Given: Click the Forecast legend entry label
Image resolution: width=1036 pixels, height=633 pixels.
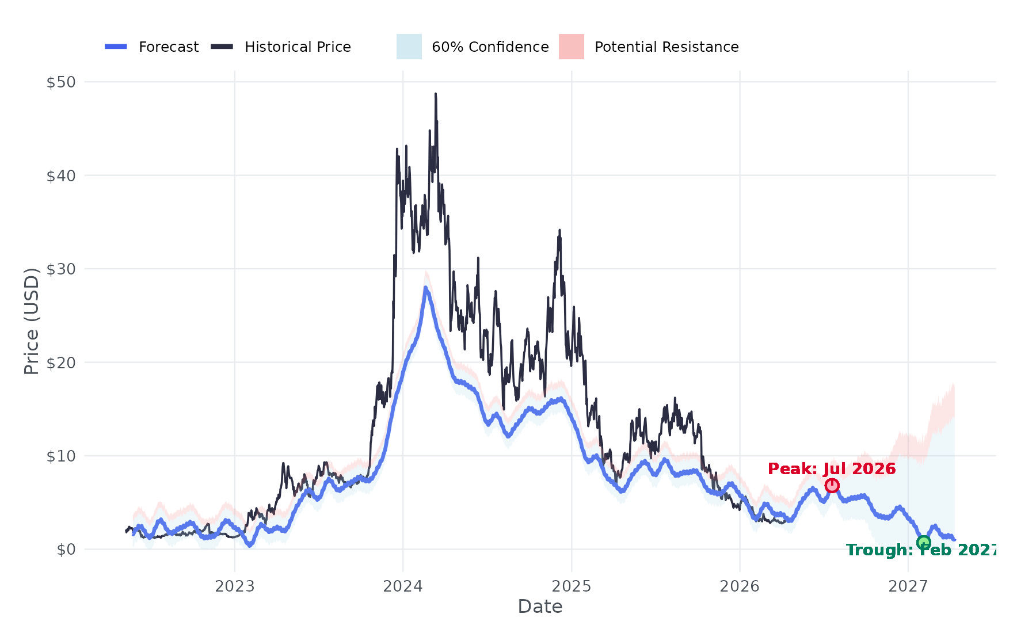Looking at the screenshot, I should [169, 47].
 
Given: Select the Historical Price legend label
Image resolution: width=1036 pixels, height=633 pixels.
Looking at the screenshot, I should [298, 47].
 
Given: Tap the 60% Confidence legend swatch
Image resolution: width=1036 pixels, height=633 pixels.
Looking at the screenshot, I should [409, 47].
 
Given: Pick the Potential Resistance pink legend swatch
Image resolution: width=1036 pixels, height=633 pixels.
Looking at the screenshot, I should [572, 47].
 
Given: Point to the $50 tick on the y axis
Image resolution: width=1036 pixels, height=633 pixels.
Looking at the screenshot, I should [61, 82].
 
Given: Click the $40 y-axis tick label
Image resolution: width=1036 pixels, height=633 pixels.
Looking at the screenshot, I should [61, 176].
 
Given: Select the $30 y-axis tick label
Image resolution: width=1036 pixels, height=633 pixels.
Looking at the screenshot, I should [61, 269].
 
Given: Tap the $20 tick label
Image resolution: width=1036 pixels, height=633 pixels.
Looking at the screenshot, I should [61, 363].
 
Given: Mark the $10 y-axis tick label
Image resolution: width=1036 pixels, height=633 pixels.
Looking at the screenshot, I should [61, 456].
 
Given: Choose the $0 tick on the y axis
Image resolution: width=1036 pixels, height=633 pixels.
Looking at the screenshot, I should [66, 550].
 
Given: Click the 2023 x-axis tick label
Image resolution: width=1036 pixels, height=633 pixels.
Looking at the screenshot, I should [235, 586].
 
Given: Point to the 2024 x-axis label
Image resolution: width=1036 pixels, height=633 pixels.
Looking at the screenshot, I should [403, 586].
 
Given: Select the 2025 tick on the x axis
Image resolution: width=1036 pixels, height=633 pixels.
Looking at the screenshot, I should [572, 586].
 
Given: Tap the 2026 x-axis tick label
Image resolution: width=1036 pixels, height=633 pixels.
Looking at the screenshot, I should [740, 586].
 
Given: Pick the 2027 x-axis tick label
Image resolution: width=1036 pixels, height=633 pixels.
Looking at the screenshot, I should [908, 586].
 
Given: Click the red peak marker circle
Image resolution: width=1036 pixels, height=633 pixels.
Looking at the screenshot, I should [832, 486].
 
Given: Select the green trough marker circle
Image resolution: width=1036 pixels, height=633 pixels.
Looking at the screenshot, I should [924, 542].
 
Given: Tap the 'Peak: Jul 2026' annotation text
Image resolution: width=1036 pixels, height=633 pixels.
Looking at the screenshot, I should [832, 468].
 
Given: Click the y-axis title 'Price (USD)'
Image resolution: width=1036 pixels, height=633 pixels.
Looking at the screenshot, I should [32, 321].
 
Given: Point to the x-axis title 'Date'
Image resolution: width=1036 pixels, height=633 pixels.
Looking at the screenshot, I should [540, 607].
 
